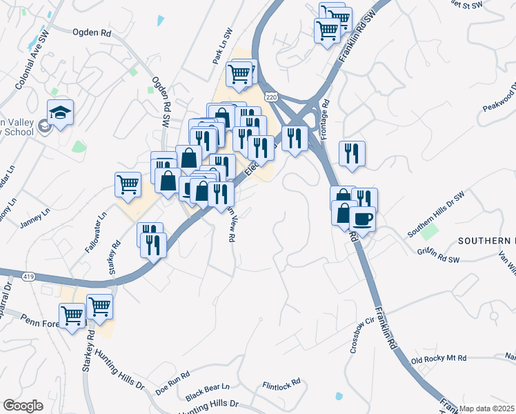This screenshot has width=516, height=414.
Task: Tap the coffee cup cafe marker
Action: [x=362, y=219]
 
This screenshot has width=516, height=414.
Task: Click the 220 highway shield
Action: [x=271, y=97]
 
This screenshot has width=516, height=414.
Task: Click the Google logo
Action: [x=23, y=406]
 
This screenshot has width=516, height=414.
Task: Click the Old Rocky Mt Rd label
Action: [x=439, y=359]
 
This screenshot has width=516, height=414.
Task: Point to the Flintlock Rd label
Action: [x=282, y=383]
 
